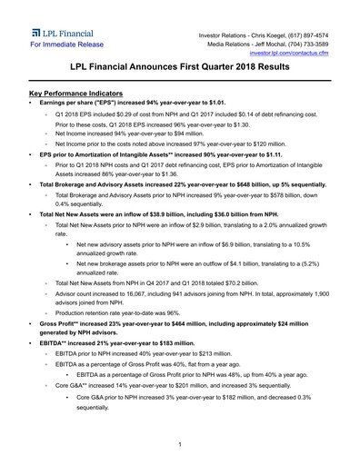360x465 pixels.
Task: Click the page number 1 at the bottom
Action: point(180,444)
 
